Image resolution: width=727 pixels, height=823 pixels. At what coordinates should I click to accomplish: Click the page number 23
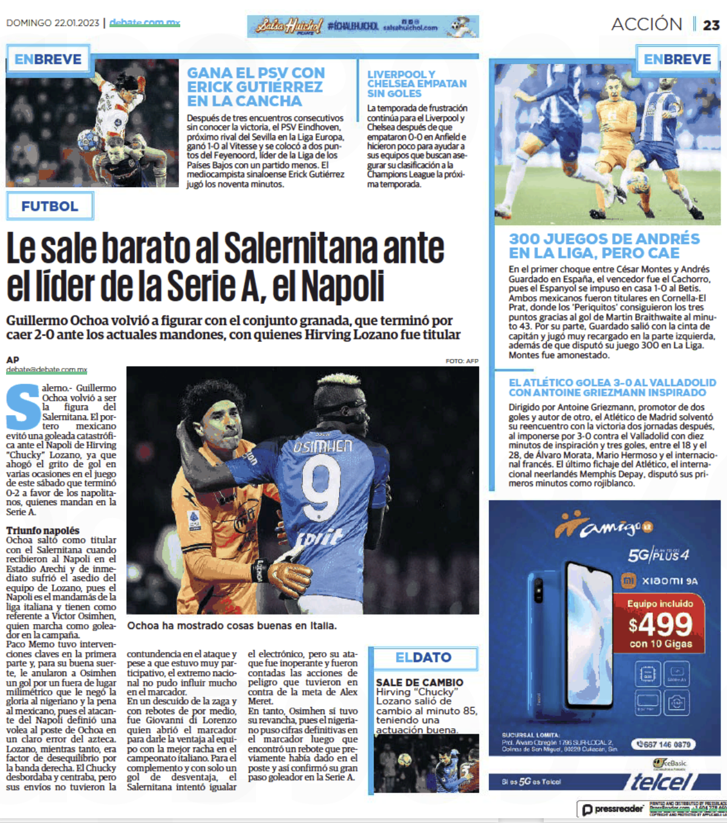point(711,25)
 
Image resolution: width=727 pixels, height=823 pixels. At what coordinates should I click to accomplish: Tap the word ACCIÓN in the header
point(647,24)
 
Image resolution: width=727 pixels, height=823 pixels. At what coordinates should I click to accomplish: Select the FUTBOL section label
point(50,206)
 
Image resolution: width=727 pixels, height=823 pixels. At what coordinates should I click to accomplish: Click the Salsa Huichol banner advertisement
point(363,27)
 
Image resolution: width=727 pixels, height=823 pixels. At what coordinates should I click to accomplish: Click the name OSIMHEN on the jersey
point(323,447)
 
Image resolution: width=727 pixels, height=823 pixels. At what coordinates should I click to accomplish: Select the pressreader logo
point(613,809)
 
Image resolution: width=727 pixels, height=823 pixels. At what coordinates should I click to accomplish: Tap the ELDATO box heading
point(423,657)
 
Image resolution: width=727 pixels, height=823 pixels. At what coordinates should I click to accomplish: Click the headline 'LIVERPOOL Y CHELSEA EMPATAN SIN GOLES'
point(416,84)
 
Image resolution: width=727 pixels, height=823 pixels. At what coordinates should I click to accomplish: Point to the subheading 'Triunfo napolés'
point(42,531)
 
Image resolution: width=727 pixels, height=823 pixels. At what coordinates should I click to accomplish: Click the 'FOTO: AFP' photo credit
point(461,361)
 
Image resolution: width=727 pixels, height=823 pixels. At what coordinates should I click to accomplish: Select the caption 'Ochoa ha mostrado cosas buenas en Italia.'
point(232,625)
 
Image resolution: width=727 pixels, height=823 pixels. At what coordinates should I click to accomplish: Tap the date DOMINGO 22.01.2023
point(53,23)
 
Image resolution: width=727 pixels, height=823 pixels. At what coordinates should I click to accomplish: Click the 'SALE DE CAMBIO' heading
point(419,682)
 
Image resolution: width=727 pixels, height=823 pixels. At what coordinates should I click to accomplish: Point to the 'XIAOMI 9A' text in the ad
point(670,581)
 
